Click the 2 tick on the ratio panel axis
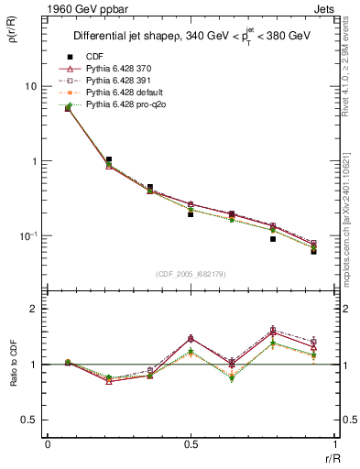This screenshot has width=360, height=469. [x=34, y=310]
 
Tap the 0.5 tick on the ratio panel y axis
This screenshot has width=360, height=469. [x=29, y=420]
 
